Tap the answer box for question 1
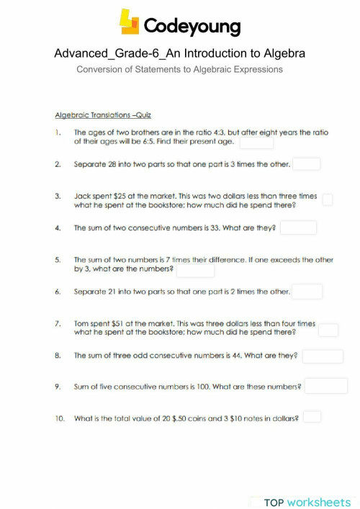[256, 142]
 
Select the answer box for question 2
[306, 164]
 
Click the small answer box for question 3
[328, 199]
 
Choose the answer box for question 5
[195, 270]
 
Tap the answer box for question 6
[307, 292]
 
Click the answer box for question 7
[328, 330]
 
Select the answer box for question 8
[322, 356]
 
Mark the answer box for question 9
[326, 387]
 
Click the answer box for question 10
[312, 417]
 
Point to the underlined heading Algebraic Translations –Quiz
[103, 115]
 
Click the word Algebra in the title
[282, 53]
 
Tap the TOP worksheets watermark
[307, 502]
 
